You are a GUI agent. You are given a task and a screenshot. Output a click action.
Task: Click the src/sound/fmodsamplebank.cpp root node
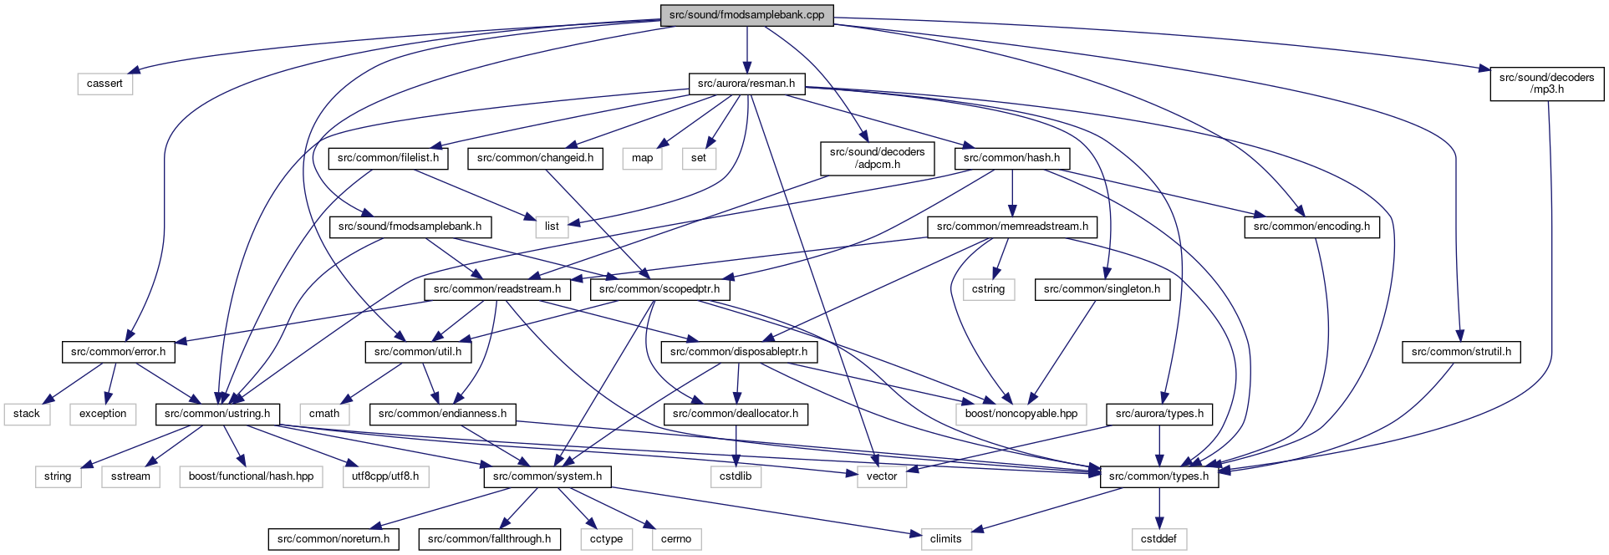(746, 15)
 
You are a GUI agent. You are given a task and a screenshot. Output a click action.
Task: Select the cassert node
(104, 84)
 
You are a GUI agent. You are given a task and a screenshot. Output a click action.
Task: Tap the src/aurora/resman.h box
(746, 84)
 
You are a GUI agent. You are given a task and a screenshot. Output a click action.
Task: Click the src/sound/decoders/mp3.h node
(1546, 84)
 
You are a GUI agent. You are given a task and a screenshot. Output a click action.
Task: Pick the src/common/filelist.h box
(388, 158)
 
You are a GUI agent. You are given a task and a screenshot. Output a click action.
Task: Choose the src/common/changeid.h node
(535, 158)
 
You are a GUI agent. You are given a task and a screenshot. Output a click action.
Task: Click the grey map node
(642, 158)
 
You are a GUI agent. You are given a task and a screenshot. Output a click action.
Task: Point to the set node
(699, 158)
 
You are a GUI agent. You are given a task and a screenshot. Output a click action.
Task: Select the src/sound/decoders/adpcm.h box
(877, 158)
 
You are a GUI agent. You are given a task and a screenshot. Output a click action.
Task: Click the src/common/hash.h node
(1011, 158)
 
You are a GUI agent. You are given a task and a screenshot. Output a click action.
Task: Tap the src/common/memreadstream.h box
(1012, 227)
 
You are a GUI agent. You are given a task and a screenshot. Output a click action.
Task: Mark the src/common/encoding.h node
(1311, 227)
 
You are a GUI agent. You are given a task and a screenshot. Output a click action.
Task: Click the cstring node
(988, 289)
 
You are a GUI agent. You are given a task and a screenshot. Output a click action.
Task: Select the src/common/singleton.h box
(1102, 289)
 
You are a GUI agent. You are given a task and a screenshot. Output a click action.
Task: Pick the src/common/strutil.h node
(1461, 352)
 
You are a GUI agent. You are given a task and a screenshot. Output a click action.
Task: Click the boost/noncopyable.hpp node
(1021, 414)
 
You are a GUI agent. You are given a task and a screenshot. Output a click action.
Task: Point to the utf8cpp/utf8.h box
(385, 476)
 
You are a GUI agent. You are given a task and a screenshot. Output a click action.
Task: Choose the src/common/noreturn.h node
(334, 539)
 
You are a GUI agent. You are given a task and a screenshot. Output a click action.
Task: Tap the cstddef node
(1158, 539)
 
